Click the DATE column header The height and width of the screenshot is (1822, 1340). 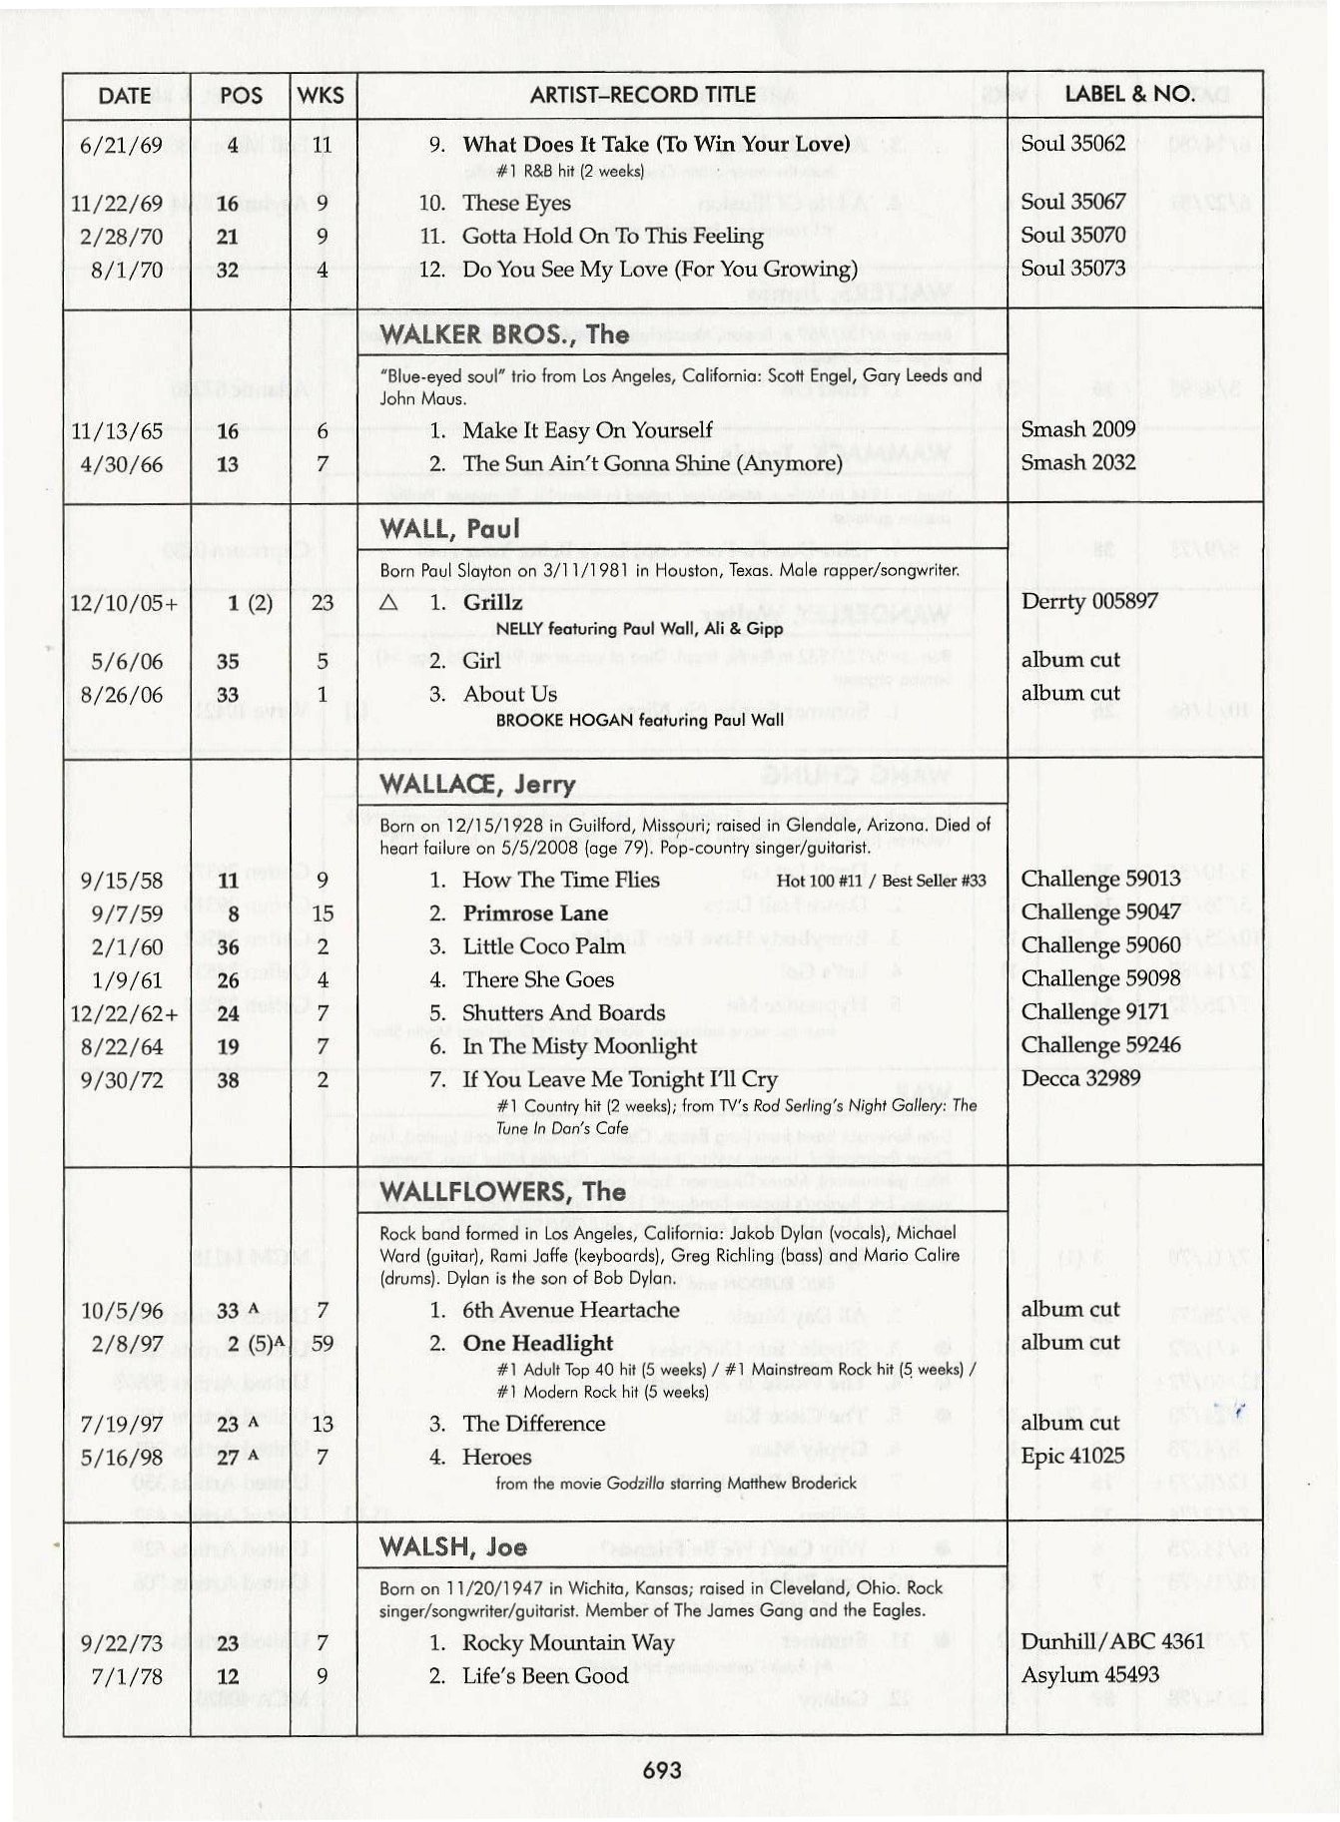pyautogui.click(x=125, y=96)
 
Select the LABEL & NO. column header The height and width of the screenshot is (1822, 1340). pyautogui.click(x=1129, y=95)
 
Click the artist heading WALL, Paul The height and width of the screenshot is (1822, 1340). pyautogui.click(x=450, y=529)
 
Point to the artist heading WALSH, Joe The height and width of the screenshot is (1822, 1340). pyautogui.click(x=453, y=1547)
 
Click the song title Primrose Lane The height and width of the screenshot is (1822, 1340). pyautogui.click(x=535, y=913)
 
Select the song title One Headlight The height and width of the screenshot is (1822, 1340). pyautogui.click(x=538, y=1343)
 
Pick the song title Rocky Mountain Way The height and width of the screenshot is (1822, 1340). pyautogui.click(x=568, y=1642)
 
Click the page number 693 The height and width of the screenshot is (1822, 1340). pyautogui.click(x=662, y=1770)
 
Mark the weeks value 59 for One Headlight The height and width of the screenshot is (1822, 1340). pyautogui.click(x=322, y=1343)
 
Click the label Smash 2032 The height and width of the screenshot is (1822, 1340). pyautogui.click(x=1077, y=462)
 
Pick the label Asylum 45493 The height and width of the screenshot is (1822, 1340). pyautogui.click(x=1089, y=1674)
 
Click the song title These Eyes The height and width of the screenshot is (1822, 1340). pyautogui.click(x=516, y=203)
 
